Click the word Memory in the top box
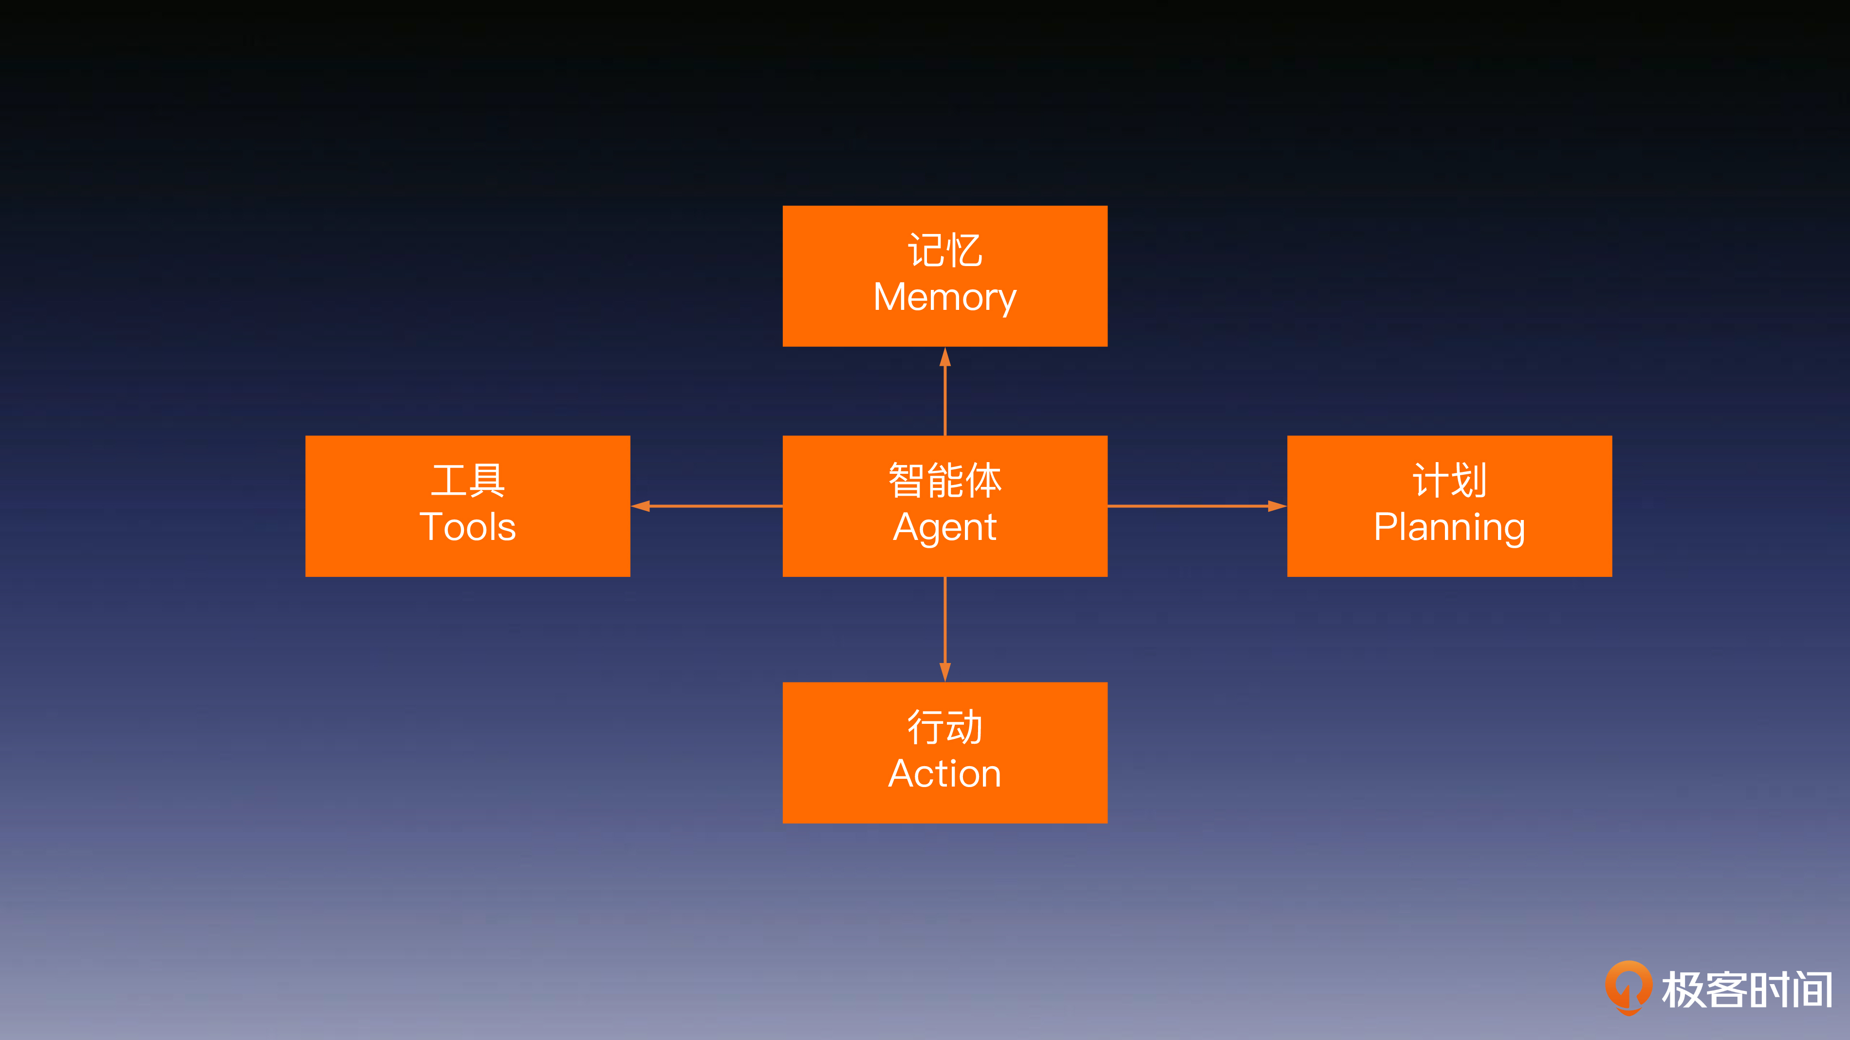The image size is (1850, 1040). pyautogui.click(x=944, y=297)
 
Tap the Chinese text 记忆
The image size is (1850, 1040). pyautogui.click(x=944, y=251)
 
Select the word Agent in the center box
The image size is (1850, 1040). pyautogui.click(x=944, y=527)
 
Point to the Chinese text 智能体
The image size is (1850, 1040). pyautogui.click(x=944, y=480)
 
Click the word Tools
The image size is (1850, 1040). pyautogui.click(x=467, y=527)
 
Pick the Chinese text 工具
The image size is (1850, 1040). pyautogui.click(x=467, y=480)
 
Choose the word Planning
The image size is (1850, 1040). pyautogui.click(x=1449, y=527)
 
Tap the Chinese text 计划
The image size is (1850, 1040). pyautogui.click(x=1449, y=480)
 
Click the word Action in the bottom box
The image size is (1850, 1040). pyautogui.click(x=944, y=774)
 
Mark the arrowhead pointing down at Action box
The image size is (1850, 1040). pyautogui.click(x=945, y=672)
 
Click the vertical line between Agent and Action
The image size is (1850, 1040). pyautogui.click(x=945, y=620)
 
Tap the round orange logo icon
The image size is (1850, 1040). pyautogui.click(x=1628, y=987)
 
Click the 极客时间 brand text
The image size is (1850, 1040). pyautogui.click(x=1747, y=990)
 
